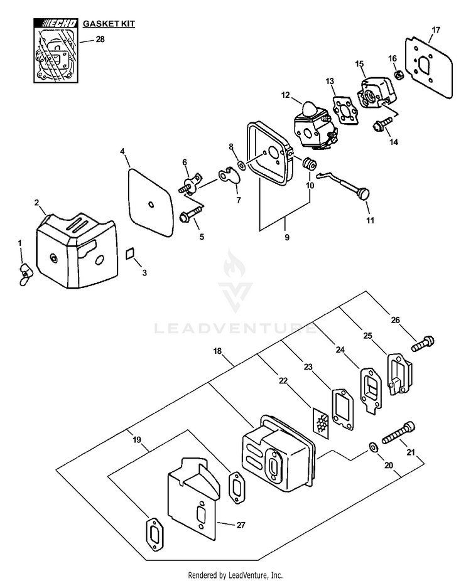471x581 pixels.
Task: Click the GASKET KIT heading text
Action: point(109,24)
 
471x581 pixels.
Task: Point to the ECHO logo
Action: point(56,24)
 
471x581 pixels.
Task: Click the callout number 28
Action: point(100,39)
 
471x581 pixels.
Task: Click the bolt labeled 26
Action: point(423,343)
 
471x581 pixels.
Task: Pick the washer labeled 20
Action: point(372,447)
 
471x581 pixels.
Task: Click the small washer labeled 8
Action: point(242,166)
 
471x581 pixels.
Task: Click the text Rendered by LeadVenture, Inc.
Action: point(235,574)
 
